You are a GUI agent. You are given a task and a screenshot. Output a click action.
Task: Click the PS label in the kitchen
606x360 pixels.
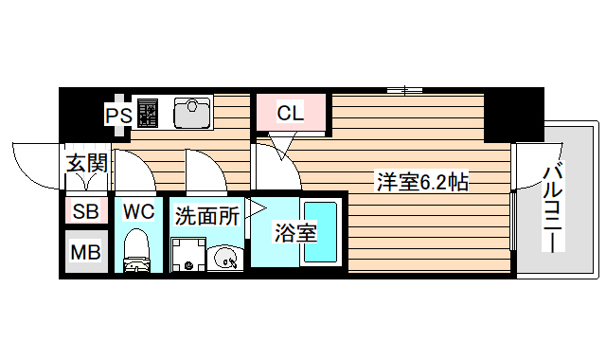117,115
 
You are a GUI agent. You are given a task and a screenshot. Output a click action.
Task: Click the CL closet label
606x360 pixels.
290,114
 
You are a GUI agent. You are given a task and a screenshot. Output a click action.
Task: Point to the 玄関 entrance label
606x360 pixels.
86,162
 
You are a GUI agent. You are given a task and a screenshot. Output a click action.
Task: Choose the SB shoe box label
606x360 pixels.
86,211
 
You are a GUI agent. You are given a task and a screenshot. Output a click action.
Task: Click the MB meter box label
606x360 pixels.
86,252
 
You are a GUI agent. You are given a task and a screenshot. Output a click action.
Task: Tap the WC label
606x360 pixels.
138,211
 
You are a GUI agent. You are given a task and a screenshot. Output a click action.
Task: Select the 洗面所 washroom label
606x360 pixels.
206,214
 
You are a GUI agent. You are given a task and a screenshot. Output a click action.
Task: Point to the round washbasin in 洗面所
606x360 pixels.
225,256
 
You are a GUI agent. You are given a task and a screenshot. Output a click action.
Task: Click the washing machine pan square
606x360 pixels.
187,255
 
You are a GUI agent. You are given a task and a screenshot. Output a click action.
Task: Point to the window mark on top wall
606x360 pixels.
404,90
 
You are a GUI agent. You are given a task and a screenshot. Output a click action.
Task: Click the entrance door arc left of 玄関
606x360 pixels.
33,166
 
